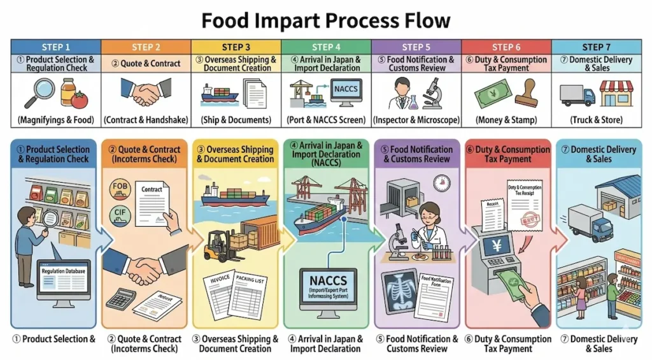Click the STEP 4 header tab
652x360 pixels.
[x=325, y=47]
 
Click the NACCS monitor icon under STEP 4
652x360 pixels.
[x=345, y=92]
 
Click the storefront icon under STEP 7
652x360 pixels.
[x=616, y=93]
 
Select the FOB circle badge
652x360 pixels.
[x=120, y=187]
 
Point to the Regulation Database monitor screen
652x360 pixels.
[x=63, y=275]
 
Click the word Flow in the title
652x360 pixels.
[x=421, y=20]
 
